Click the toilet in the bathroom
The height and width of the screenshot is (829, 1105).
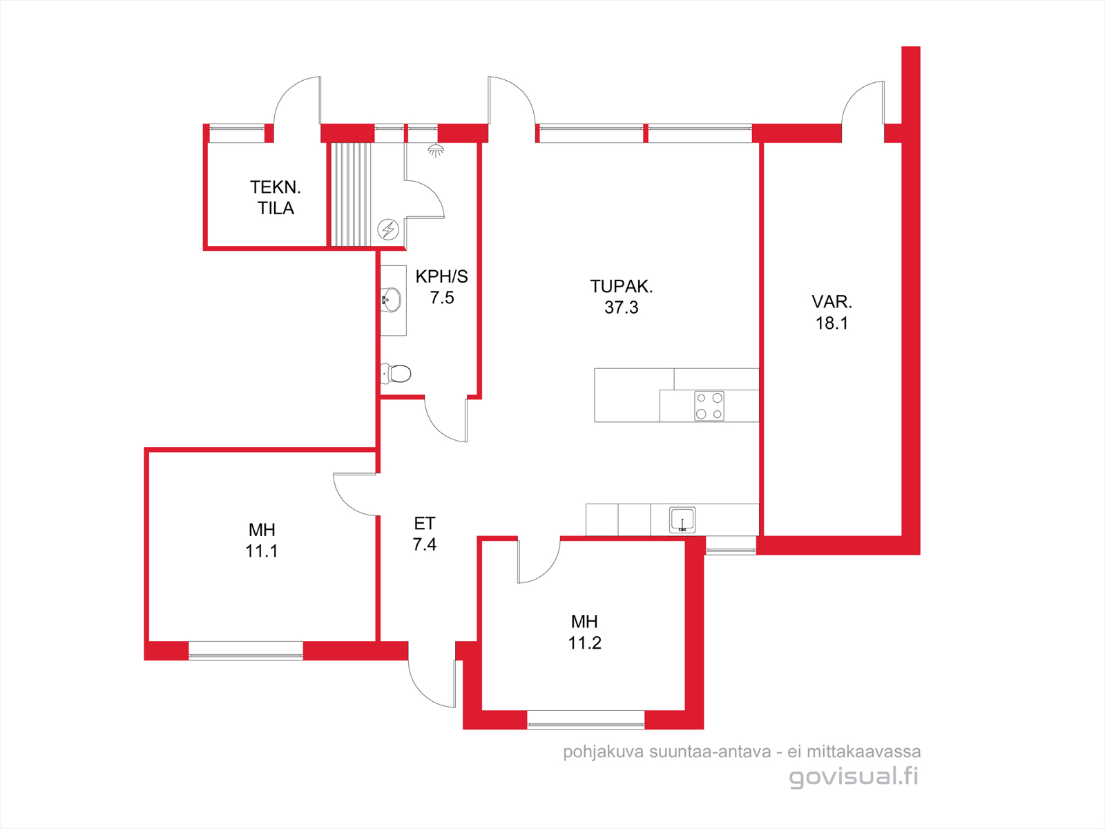click(396, 374)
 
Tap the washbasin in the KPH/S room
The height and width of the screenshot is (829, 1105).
click(391, 300)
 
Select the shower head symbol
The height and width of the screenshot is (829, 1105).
click(436, 150)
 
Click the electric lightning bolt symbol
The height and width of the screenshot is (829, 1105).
click(388, 229)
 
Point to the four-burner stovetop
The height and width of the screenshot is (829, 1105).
click(709, 406)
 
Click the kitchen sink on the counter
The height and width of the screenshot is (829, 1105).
click(682, 520)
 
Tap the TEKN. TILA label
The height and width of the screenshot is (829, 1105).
click(276, 198)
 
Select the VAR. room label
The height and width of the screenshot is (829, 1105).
click(832, 301)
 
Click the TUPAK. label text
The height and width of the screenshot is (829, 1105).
click(621, 287)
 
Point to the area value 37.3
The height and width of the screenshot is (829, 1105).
click(621, 307)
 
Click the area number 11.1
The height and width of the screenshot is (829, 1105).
click(261, 551)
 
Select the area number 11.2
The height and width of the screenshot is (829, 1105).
click(584, 642)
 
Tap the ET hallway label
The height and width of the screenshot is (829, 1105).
click(424, 524)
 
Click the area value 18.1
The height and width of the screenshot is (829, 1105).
click(832, 323)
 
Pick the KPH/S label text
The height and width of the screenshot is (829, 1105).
click(441, 276)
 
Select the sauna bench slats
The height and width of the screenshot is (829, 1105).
click(350, 194)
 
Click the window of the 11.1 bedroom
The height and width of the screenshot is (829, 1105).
click(246, 650)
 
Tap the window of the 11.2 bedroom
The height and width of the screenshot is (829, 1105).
click(586, 720)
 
